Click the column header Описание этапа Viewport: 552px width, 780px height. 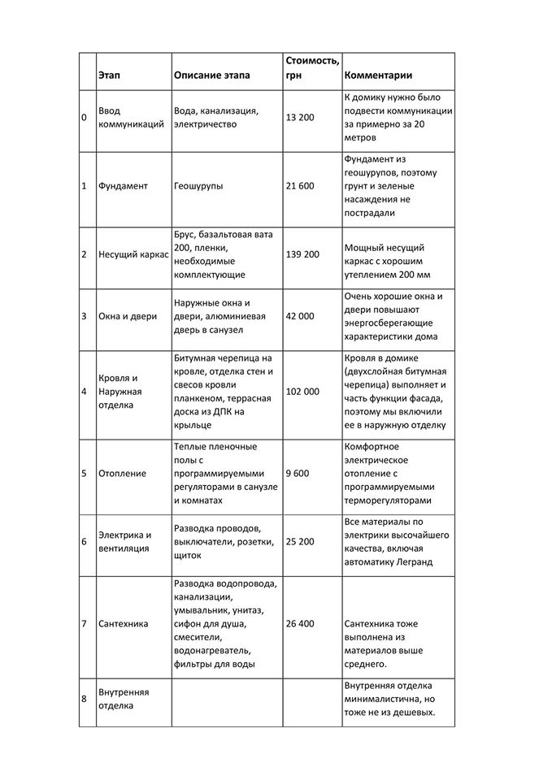(x=211, y=76)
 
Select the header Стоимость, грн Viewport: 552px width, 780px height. (x=312, y=68)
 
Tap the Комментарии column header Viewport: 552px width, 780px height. (x=378, y=76)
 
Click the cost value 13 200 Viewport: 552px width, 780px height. (x=300, y=117)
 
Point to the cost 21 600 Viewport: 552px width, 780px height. (x=300, y=186)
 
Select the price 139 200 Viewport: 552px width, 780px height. (x=302, y=254)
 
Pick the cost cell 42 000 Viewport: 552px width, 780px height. (x=300, y=316)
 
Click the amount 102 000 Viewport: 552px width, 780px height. (x=302, y=391)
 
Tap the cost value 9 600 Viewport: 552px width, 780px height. (x=297, y=473)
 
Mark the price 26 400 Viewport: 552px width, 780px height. (x=300, y=624)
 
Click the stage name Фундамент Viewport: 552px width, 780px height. (x=123, y=186)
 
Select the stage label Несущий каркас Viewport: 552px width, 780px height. (x=133, y=254)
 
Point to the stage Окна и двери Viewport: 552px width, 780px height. (x=128, y=316)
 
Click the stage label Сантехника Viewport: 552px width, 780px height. (x=123, y=624)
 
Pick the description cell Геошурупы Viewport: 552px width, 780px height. (x=199, y=186)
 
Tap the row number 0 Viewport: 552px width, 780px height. (x=84, y=117)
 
